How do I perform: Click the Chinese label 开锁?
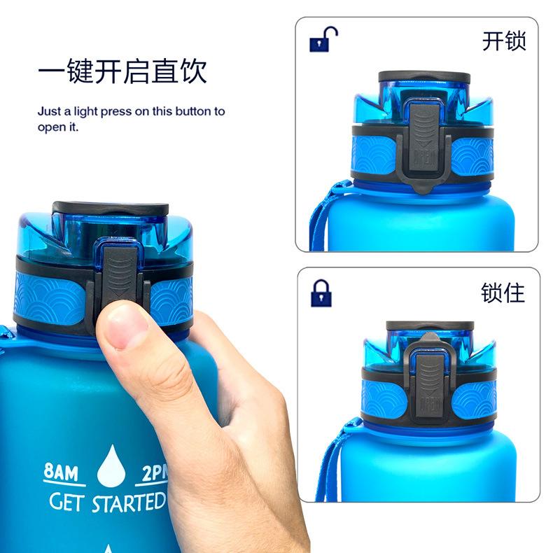coord(503,41)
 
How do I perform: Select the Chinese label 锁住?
coord(503,292)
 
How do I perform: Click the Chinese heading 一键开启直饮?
coord(122,73)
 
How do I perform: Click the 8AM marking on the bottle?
coord(61,472)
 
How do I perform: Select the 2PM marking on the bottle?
coord(155,473)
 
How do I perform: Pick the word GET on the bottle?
coord(66,502)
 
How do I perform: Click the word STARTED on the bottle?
coord(129,502)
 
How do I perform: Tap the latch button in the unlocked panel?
coord(424,143)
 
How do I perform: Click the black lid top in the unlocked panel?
coord(414,76)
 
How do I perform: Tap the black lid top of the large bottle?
coord(110,209)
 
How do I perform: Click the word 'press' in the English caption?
coord(113,111)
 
